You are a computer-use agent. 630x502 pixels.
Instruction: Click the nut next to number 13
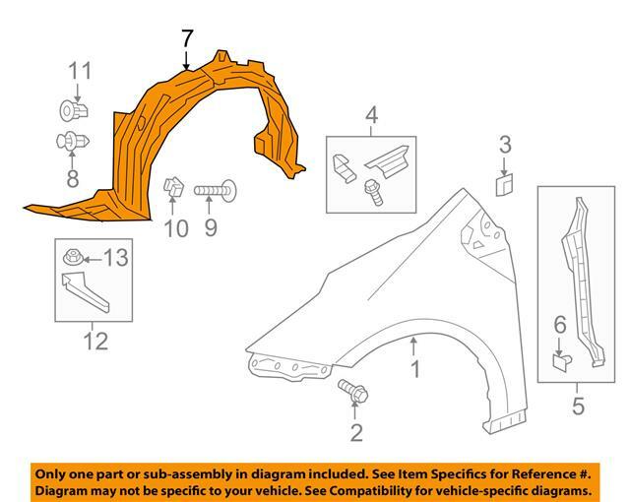click(73, 259)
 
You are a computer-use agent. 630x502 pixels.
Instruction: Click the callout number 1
click(414, 369)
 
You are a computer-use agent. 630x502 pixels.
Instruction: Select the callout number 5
click(578, 404)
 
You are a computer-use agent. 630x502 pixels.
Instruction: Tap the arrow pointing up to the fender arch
click(414, 345)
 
